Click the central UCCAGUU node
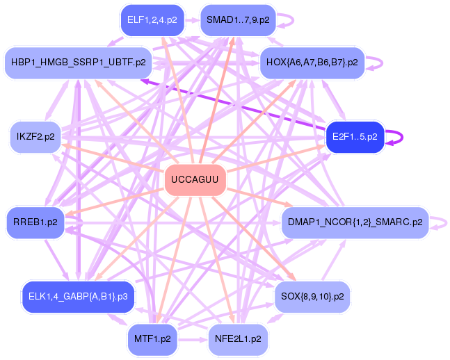click(195, 180)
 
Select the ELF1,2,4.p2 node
click(152, 20)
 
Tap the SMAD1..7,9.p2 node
click(238, 20)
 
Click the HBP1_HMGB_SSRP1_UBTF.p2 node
click(78, 63)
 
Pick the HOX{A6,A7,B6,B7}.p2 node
click(312, 63)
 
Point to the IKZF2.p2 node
click(35, 136)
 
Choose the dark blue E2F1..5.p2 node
click(355, 137)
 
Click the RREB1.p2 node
click(35, 222)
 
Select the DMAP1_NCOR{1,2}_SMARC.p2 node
click(355, 222)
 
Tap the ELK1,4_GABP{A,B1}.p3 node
click(78, 297)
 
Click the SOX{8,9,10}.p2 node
click(312, 297)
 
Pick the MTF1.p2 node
click(152, 339)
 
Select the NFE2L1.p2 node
click(238, 339)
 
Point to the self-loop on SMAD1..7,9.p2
click(293, 20)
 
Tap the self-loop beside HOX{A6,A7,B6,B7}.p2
click(382, 63)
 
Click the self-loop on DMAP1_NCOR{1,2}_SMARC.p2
click(446, 223)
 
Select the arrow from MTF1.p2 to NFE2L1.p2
click(193, 340)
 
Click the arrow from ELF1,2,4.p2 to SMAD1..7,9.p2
click(192, 20)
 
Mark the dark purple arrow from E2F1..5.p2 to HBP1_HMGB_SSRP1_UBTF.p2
click(233, 105)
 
